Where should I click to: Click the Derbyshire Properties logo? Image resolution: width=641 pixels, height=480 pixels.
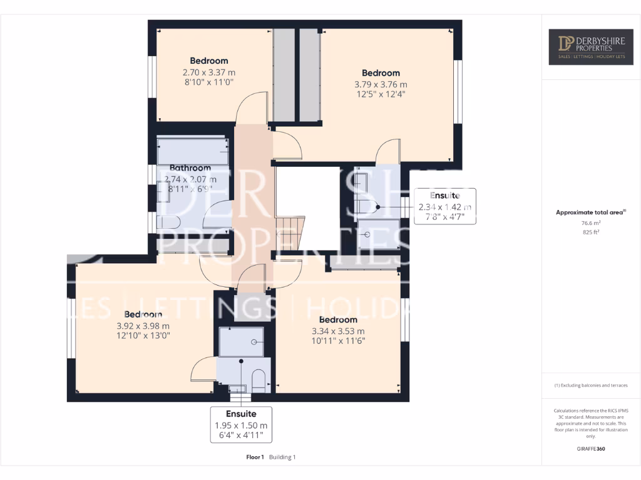point(591,47)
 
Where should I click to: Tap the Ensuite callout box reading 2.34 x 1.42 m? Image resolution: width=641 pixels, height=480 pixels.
point(445,206)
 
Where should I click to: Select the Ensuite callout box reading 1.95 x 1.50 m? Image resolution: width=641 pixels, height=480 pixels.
point(241,424)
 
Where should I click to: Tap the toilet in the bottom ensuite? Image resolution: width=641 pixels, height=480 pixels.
point(259,380)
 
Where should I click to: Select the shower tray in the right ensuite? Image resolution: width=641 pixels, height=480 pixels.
point(377,234)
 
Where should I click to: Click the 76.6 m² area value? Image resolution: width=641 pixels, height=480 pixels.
point(591,222)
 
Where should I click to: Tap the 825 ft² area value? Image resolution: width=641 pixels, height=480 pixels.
point(591,232)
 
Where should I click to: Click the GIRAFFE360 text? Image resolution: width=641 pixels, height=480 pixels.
point(591,449)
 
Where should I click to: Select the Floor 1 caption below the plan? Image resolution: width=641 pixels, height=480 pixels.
point(255,457)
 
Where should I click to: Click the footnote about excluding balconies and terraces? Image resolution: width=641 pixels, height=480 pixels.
point(591,385)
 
